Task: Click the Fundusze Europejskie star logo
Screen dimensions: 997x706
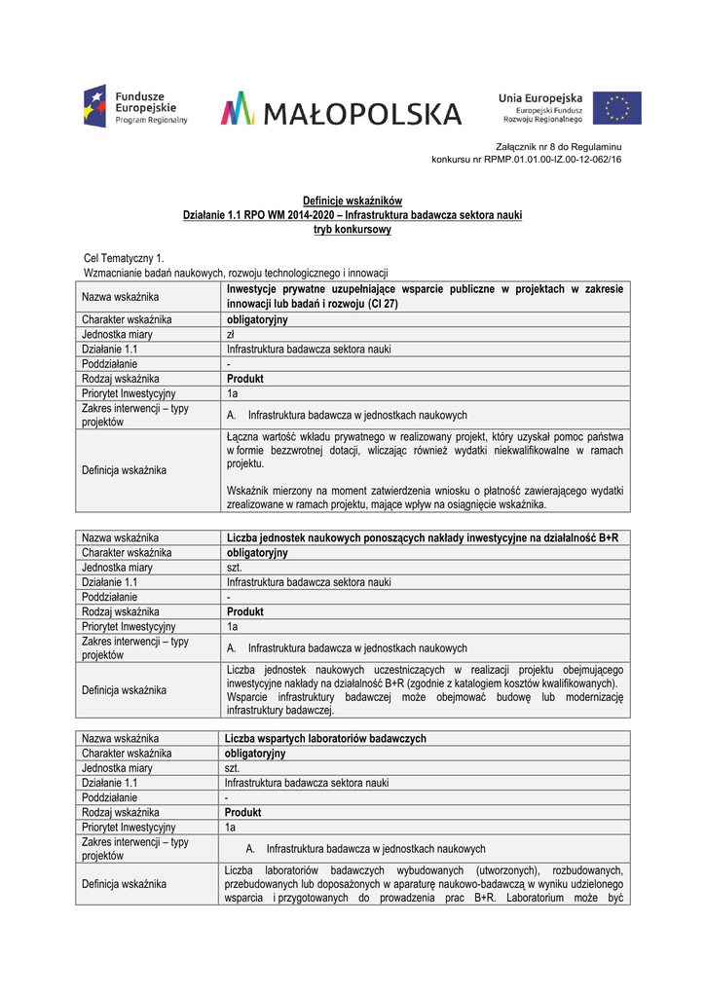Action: click(94, 106)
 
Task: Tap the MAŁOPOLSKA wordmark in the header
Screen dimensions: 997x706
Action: click(341, 110)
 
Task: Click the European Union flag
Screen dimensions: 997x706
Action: click(617, 107)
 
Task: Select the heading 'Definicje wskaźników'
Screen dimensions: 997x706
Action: click(353, 201)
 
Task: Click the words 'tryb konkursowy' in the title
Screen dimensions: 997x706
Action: click(353, 230)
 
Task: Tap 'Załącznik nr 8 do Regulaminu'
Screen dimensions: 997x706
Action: click(566, 146)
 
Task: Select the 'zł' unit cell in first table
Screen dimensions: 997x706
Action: click(232, 334)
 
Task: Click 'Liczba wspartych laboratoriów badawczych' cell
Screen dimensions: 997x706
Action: click(325, 739)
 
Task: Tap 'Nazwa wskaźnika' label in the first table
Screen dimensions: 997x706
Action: click(120, 296)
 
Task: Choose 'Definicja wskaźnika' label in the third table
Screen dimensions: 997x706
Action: click(124, 884)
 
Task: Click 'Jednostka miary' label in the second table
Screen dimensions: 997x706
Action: click(117, 568)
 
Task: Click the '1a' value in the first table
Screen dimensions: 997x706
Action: click(232, 393)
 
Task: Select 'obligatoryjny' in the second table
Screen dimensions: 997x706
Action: click(257, 553)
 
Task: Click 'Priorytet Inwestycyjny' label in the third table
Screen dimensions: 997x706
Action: click(129, 827)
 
